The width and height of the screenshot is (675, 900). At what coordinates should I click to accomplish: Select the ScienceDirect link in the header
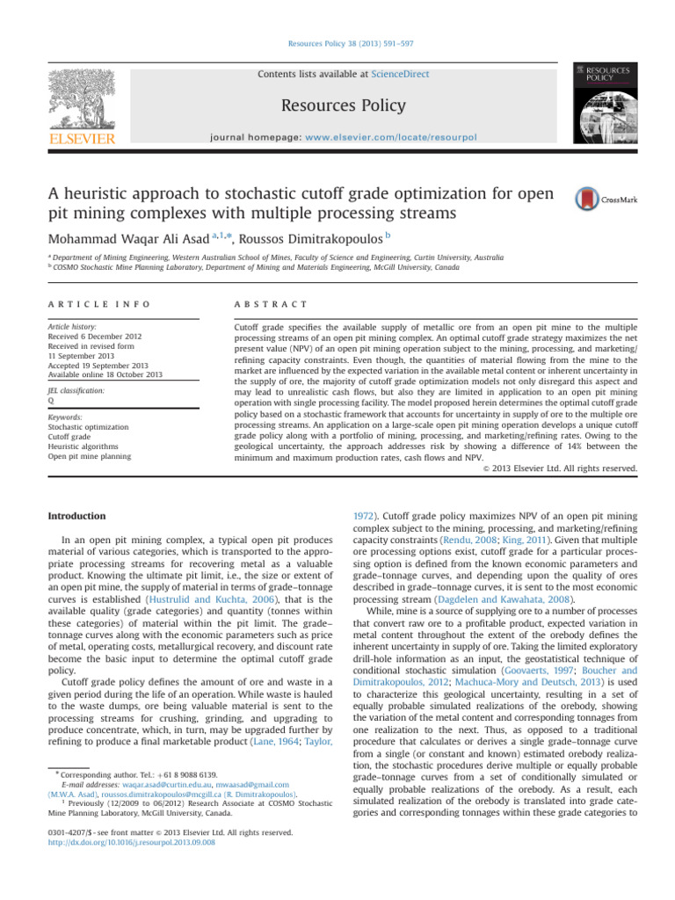point(401,75)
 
